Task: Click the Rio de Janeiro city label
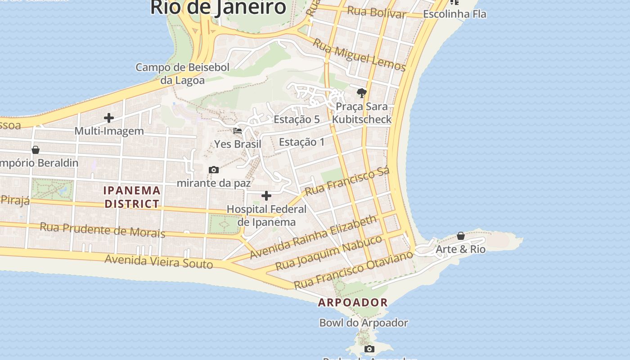218,7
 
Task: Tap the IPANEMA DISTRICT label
132,197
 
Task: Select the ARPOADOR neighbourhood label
353,302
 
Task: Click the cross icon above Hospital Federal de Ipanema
266,196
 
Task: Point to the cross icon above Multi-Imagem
109,118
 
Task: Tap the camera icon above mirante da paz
214,170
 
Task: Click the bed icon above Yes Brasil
238,131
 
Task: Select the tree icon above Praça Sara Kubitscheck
361,93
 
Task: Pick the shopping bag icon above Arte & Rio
460,236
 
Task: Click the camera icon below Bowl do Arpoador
369,349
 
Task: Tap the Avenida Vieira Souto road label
158,261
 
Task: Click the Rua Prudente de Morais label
103,229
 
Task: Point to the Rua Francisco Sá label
347,181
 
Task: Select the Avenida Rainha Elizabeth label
313,237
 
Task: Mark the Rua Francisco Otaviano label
353,270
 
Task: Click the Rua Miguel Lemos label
359,55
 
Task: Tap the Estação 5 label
297,120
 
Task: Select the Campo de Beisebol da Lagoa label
183,74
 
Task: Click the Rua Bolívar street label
377,12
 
